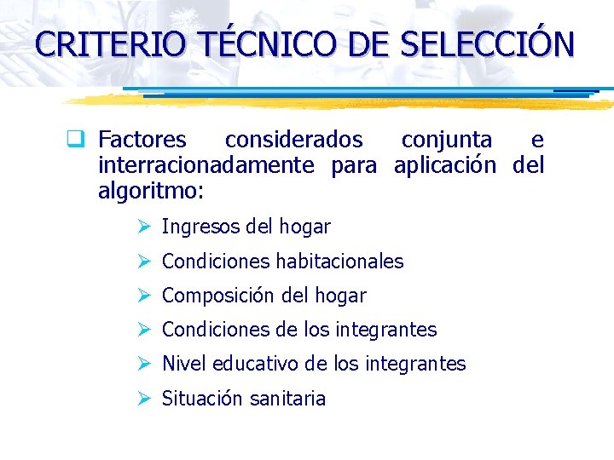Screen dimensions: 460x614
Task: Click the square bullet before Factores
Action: (84, 140)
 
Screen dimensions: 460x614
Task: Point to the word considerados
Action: (293, 140)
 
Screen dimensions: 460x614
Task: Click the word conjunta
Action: (446, 140)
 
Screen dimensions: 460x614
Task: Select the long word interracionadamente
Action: (206, 165)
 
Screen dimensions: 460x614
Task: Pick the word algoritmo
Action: (148, 191)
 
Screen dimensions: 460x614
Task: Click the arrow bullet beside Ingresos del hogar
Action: (144, 227)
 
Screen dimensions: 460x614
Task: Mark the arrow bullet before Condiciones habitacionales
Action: (144, 262)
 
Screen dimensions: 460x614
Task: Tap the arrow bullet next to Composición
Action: (144, 296)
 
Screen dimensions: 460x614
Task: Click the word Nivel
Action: (184, 364)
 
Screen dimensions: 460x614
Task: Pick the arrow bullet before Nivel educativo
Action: (144, 364)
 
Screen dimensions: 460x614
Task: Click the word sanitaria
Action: (288, 399)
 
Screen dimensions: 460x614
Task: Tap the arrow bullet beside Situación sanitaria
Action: (144, 399)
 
